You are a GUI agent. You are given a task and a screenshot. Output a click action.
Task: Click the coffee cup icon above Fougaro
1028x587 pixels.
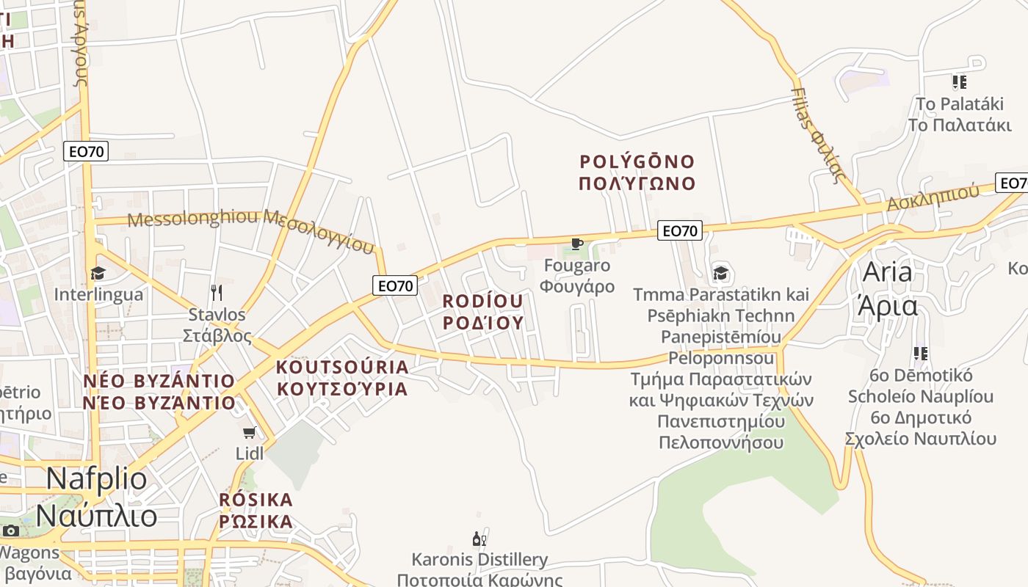[x=576, y=244]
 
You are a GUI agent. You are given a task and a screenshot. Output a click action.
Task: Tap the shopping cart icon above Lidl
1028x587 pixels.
[x=250, y=432]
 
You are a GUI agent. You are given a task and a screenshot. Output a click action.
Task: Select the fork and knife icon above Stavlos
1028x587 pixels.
[x=216, y=293]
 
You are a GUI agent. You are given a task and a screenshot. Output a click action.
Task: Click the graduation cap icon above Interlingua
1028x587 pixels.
[x=98, y=274]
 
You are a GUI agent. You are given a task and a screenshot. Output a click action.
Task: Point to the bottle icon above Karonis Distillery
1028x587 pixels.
[x=479, y=539]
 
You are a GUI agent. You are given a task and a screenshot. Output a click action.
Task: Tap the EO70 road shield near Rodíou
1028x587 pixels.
[x=395, y=285]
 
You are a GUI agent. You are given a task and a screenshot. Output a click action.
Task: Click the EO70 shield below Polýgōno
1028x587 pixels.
[x=679, y=231]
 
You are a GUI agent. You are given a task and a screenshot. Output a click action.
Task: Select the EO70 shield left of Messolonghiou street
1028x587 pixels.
[x=86, y=152]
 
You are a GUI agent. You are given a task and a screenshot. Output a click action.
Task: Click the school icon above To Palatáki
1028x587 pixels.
[x=959, y=81]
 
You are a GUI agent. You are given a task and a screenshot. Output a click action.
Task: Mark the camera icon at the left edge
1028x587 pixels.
[x=10, y=531]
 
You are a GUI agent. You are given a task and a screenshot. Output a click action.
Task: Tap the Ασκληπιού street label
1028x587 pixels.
[x=933, y=197]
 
